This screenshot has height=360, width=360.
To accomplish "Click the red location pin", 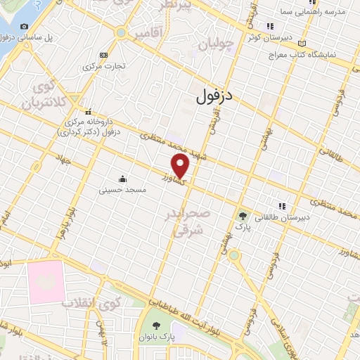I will [x=181, y=166].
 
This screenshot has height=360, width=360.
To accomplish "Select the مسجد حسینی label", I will [x=122, y=189].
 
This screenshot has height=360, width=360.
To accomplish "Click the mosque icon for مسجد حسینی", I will [x=123, y=179].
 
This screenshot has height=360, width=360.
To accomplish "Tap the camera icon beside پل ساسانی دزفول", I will [x=25, y=26].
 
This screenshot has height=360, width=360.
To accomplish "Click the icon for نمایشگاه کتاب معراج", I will [x=302, y=43].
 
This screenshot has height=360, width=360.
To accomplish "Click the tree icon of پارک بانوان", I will [x=156, y=326].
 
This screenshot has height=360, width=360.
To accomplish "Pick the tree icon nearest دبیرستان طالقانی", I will [x=243, y=216].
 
